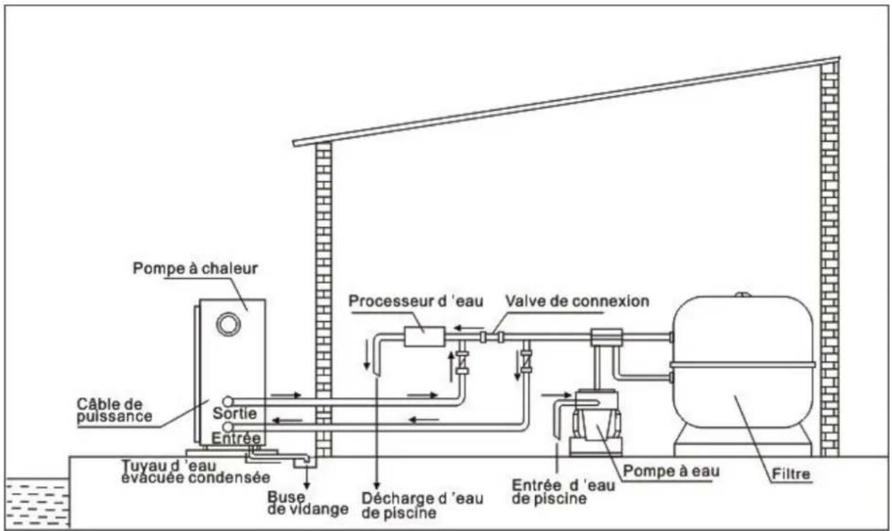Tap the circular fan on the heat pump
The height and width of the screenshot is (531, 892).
coord(228,324)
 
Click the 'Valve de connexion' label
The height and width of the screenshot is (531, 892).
coord(577,301)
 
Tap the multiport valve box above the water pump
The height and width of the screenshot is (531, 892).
coord(605,338)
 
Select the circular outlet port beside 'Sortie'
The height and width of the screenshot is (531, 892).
coord(227,402)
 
